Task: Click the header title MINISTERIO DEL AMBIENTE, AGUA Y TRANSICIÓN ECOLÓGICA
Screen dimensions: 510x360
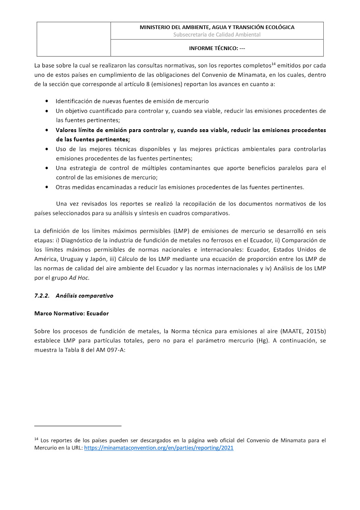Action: pyautogui.click(x=217, y=27)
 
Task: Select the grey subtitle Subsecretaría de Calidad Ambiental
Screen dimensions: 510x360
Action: pyautogui.click(x=217, y=35)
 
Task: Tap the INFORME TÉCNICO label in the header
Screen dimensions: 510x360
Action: pyautogui.click(x=217, y=48)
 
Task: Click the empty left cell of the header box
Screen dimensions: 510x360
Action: pyautogui.click(x=74, y=39)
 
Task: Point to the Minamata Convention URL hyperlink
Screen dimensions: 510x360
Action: pyautogui.click(x=159, y=448)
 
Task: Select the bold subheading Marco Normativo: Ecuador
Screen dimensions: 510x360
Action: pyautogui.click(x=71, y=313)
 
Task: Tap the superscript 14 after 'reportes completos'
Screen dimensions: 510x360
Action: pyautogui.click(x=273, y=63)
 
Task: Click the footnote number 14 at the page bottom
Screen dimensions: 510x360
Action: pyautogui.click(x=36, y=439)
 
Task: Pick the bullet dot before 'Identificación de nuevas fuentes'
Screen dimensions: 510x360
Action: pyautogui.click(x=48, y=101)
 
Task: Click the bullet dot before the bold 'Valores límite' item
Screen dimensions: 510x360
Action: pyautogui.click(x=48, y=130)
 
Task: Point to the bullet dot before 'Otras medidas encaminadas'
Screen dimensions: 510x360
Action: pyautogui.click(x=48, y=187)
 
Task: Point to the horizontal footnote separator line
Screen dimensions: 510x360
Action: pyautogui.click(x=78, y=426)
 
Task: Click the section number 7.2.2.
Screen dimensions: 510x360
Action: pyautogui.click(x=42, y=296)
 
